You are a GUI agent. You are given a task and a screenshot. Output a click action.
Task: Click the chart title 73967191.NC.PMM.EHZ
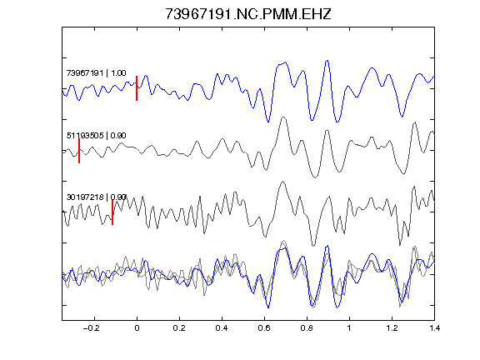(248, 14)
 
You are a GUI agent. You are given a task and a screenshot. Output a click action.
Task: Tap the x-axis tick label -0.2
(92, 328)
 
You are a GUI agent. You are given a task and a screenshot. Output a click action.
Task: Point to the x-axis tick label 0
(137, 328)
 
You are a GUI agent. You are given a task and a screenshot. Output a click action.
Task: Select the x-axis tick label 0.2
(179, 328)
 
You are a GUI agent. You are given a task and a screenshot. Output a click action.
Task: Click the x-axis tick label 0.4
(222, 328)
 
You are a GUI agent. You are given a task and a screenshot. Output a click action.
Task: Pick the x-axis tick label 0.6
(264, 328)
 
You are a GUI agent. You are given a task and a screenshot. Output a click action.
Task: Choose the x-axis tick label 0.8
(307, 328)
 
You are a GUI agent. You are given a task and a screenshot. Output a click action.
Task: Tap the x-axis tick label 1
(349, 328)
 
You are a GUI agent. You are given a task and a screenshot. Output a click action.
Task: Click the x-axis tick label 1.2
(392, 328)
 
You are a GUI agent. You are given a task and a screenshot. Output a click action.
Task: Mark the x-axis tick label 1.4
(434, 328)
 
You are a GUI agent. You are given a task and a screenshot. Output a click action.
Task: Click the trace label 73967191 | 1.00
(96, 73)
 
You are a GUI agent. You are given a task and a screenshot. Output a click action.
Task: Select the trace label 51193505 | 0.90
(96, 135)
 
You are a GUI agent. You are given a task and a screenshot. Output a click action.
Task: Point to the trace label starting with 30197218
(97, 197)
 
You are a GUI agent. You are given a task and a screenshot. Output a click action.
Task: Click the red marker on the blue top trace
(137, 88)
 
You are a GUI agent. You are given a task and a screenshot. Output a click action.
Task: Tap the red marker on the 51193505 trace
(79, 151)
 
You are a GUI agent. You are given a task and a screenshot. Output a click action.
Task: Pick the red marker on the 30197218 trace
(112, 212)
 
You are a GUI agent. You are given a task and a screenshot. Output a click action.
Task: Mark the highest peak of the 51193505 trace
(283, 117)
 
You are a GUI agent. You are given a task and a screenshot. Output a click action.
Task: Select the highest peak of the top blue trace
(327, 60)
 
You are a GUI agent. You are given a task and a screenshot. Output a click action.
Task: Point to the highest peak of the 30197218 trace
(282, 181)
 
